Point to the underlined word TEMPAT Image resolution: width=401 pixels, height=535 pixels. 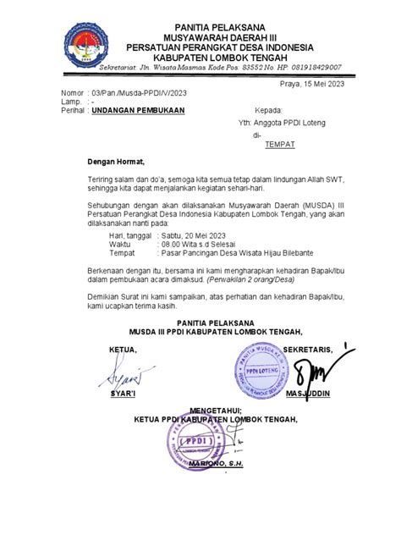click(280, 146)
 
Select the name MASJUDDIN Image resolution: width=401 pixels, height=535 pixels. click(307, 394)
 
